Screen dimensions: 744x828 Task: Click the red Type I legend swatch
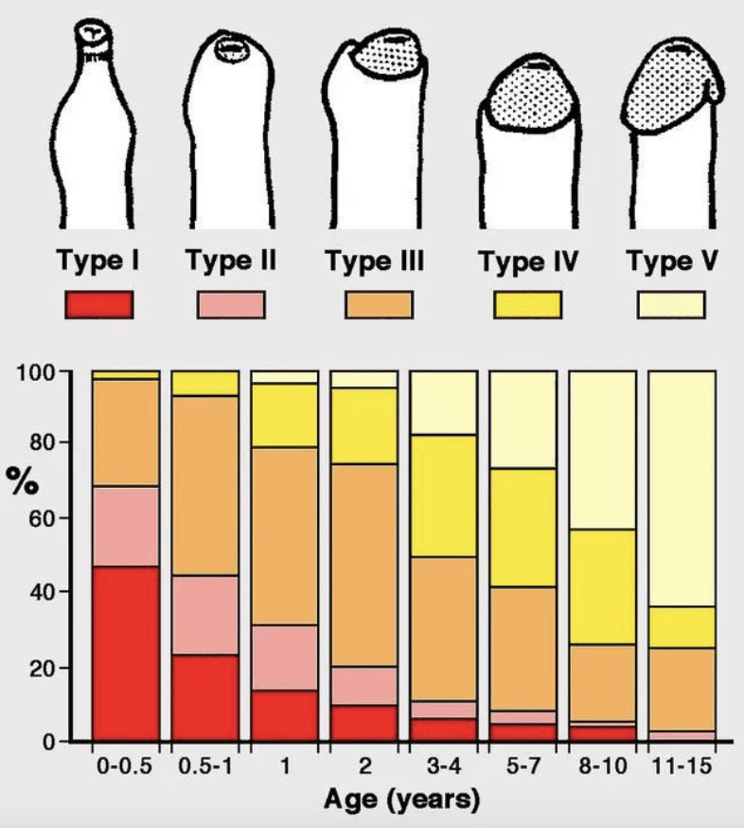point(99,305)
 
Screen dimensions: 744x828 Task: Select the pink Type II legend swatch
point(231,305)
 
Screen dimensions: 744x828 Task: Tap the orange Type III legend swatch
point(379,305)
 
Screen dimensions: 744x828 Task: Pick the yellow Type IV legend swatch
point(527,305)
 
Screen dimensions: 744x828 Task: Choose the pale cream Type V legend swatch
point(671,305)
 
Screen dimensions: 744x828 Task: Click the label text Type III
point(375,261)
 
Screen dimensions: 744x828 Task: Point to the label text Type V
point(672,261)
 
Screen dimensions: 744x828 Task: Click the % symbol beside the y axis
point(22,480)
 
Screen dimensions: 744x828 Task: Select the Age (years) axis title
point(402,799)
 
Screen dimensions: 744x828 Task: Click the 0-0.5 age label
point(125,765)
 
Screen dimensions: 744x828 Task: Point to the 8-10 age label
point(603,765)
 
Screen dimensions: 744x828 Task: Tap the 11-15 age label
point(682,765)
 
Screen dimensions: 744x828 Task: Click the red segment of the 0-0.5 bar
point(126,654)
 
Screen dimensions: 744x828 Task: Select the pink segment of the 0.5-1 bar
point(204,615)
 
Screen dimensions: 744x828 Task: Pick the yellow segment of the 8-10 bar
point(603,586)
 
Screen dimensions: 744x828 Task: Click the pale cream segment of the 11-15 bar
point(682,489)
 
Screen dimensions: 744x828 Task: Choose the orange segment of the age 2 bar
point(364,565)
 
